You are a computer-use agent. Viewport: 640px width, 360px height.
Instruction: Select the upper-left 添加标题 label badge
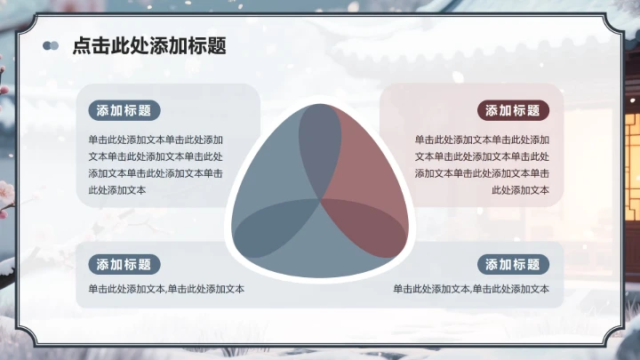[x=124, y=111]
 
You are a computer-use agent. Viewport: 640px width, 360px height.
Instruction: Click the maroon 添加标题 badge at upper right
[x=514, y=111]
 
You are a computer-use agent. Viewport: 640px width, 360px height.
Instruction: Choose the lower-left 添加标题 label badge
[x=124, y=264]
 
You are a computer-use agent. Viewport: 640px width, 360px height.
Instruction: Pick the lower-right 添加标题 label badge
[x=514, y=264]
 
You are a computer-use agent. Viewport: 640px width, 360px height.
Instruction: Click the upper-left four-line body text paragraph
[x=156, y=164]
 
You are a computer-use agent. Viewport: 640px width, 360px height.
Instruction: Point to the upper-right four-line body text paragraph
[x=482, y=164]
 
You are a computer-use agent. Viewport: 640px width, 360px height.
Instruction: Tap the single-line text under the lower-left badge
[x=166, y=289]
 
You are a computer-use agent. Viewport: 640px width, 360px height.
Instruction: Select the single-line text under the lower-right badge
[x=472, y=289]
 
